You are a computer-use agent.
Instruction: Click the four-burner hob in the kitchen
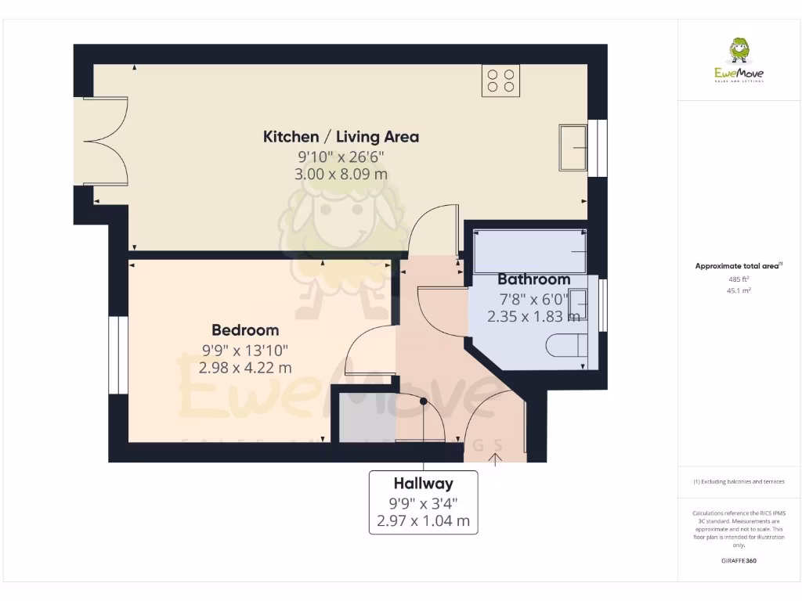[501, 81]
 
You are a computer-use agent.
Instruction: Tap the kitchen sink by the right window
[573, 146]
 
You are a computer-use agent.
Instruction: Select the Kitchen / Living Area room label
[341, 137]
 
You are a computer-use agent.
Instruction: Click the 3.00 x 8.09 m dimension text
[341, 174]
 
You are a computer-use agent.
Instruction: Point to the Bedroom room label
[245, 330]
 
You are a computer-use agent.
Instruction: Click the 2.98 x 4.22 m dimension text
[245, 367]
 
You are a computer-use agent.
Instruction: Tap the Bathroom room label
[534, 279]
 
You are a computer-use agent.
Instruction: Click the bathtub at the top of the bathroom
[530, 250]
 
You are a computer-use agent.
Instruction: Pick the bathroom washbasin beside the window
[579, 304]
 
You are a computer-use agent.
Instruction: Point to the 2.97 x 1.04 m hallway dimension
[423, 520]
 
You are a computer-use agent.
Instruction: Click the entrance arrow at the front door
[496, 458]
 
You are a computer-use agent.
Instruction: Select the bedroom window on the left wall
[118, 354]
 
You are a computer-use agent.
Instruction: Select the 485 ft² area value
[739, 279]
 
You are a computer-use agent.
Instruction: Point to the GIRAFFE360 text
[739, 561]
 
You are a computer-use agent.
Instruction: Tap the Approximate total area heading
[738, 266]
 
